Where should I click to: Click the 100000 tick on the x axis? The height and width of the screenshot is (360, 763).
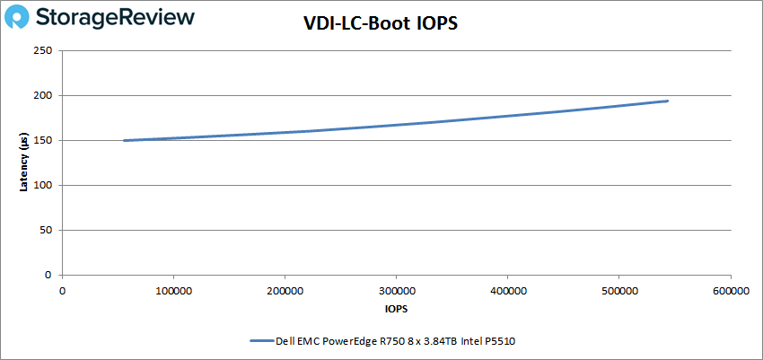(173, 290)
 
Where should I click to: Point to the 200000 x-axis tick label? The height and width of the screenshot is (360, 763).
(285, 290)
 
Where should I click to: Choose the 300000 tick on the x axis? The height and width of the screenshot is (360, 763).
(396, 290)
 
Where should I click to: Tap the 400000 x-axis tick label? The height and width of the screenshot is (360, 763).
(507, 290)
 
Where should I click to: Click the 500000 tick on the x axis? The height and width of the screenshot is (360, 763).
(618, 290)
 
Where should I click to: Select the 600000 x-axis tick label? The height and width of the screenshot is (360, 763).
(730, 290)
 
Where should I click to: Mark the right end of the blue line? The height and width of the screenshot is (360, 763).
(668, 101)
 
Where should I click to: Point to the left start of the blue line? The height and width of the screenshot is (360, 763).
(124, 140)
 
